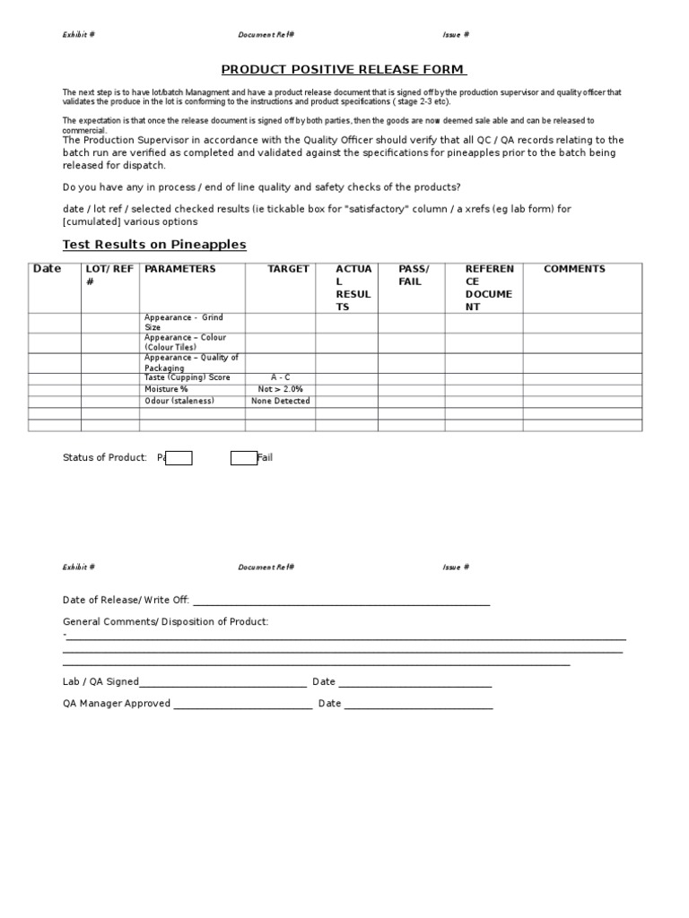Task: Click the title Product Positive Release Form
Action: coord(344,70)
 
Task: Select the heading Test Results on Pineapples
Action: coord(153,245)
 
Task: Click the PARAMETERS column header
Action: coord(180,269)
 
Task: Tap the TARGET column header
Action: coord(288,269)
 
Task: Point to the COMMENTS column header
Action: coord(574,269)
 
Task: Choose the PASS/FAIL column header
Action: coord(414,275)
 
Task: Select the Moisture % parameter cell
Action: coord(166,389)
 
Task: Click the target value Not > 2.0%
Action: coord(280,389)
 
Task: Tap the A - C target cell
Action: coord(280,378)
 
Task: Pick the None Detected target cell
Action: coord(280,401)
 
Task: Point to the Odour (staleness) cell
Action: coord(179,401)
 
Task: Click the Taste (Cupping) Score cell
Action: coord(187,378)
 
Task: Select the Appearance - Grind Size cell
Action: coord(184,323)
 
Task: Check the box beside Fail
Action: coord(243,458)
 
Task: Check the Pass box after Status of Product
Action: coord(179,458)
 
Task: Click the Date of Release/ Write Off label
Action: coord(126,600)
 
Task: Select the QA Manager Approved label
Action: coord(116,704)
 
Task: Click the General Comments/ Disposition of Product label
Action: coord(165,621)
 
